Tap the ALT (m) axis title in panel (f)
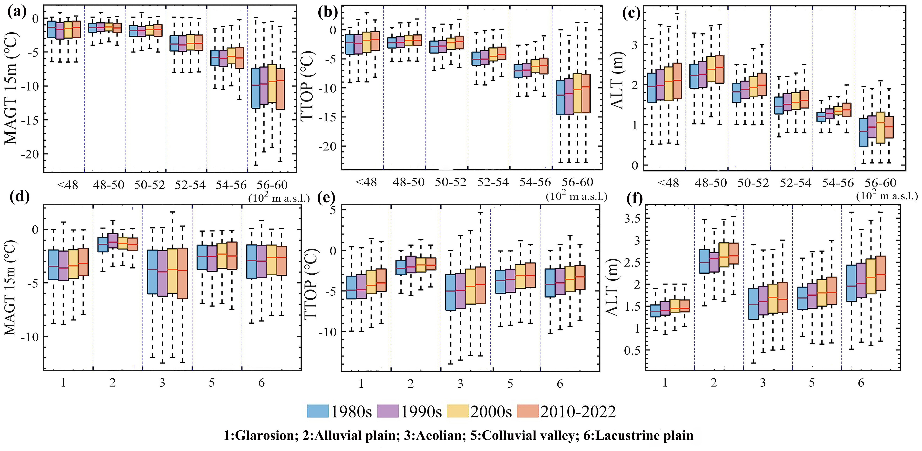click(613, 287)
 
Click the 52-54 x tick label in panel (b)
click(493, 182)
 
